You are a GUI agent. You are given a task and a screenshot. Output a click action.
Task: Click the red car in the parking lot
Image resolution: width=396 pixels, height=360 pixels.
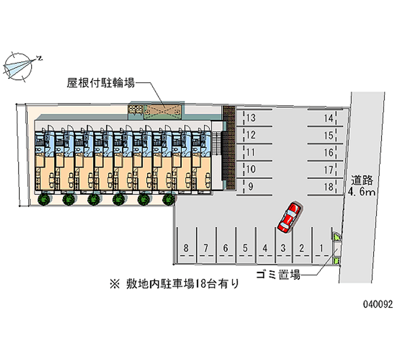(x=290, y=217)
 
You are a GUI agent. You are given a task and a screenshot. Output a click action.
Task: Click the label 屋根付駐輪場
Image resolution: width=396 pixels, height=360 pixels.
(x=100, y=83)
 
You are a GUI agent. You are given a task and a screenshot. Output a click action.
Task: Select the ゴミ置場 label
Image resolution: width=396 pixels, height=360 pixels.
(x=278, y=274)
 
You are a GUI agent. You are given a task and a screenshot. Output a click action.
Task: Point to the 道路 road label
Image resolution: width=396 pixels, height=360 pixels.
(x=362, y=180)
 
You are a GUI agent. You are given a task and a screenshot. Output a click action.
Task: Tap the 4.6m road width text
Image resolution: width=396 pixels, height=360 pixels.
(x=362, y=192)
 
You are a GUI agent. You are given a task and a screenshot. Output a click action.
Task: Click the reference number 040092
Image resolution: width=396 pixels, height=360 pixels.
(x=378, y=304)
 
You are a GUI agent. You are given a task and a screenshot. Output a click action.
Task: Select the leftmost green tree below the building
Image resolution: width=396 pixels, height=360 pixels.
(x=44, y=200)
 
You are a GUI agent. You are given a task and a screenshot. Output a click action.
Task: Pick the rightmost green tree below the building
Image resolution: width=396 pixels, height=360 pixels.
(x=168, y=200)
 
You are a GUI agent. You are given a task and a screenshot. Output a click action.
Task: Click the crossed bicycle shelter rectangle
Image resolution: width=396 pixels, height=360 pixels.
(x=162, y=110)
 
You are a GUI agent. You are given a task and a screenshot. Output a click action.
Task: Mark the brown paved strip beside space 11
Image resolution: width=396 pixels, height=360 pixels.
(x=229, y=147)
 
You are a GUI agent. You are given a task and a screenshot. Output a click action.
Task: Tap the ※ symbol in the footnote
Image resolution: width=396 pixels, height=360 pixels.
(x=114, y=284)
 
